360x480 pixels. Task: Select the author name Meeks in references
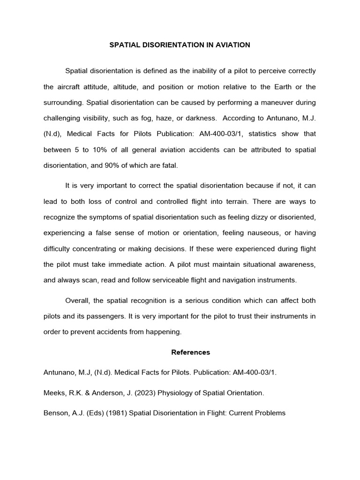point(53,393)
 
